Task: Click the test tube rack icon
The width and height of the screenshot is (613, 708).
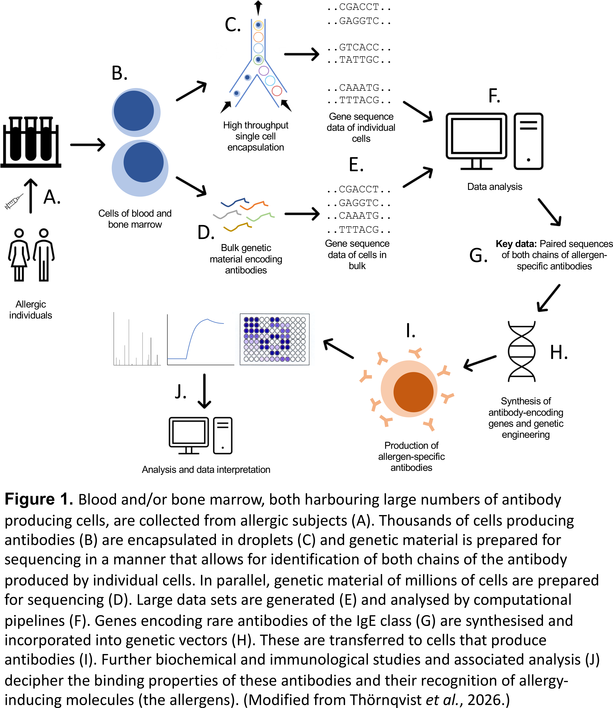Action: [x=31, y=142]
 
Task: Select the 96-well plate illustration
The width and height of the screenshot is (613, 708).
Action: [x=274, y=339]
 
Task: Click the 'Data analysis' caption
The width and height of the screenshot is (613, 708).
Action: [x=495, y=187]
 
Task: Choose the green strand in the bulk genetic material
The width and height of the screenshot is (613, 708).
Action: [x=260, y=217]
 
